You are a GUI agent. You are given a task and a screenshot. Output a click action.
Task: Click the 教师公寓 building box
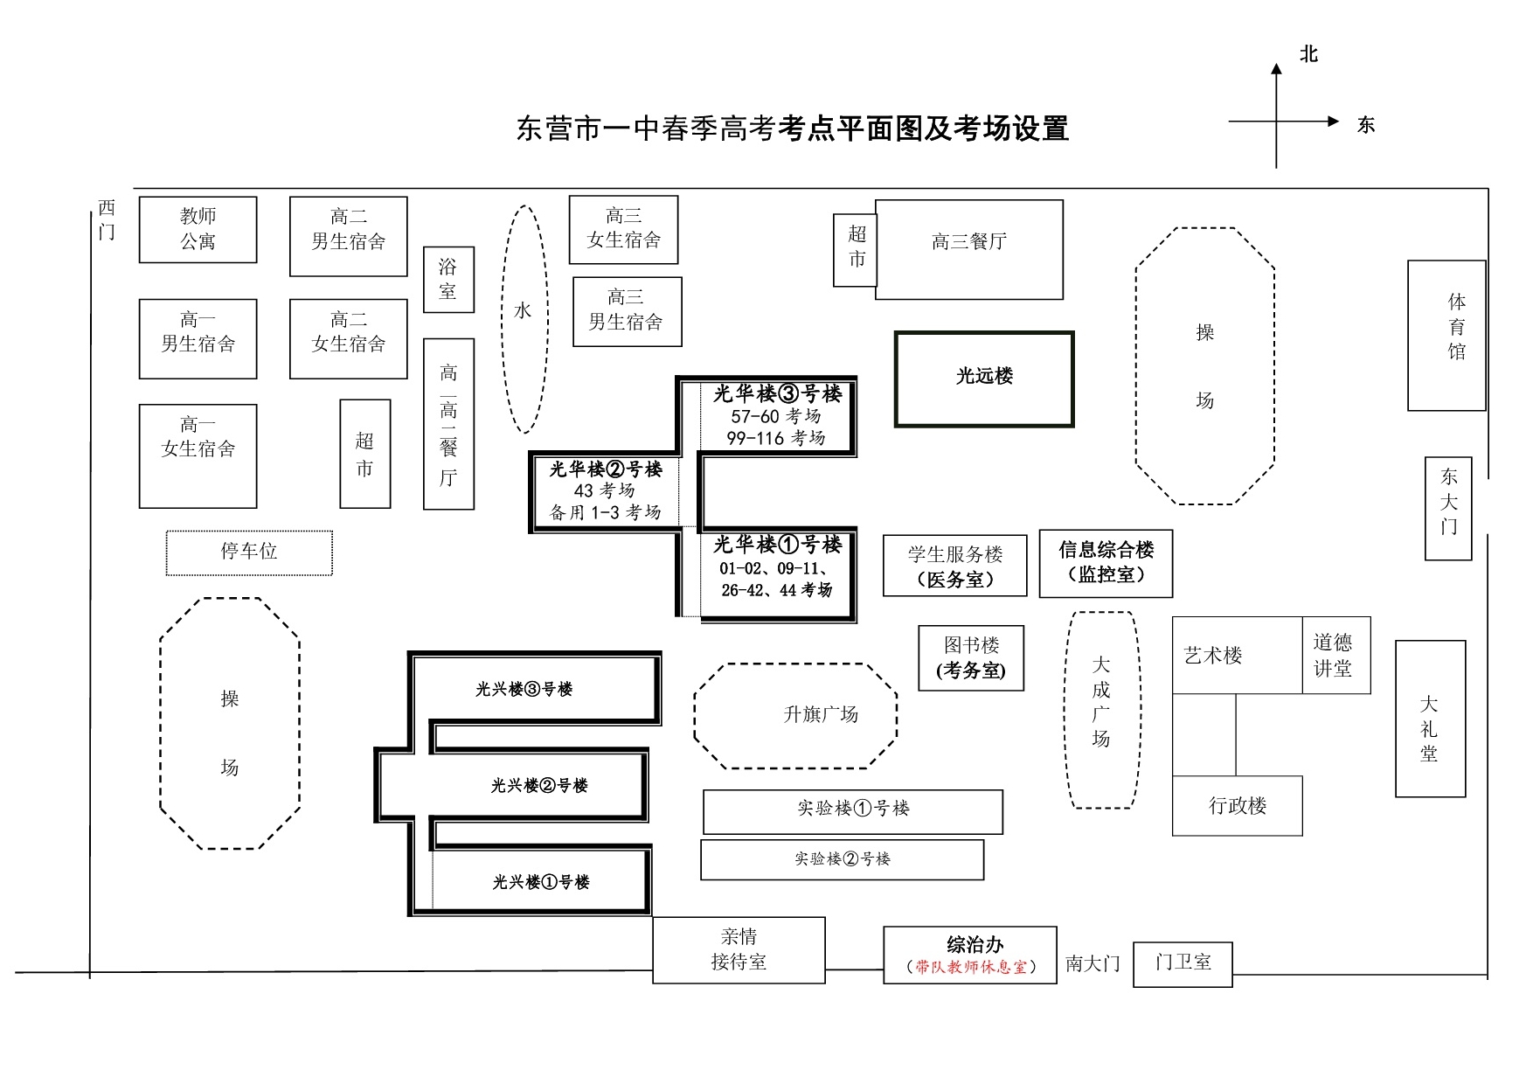(198, 229)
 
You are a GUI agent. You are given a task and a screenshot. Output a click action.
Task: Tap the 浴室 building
(448, 280)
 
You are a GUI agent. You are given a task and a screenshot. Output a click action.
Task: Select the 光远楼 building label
(984, 377)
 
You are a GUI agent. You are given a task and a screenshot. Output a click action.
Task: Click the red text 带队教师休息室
(971, 967)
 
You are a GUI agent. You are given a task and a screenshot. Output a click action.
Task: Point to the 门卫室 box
(1183, 963)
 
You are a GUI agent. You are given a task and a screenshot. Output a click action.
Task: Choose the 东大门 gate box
(1448, 508)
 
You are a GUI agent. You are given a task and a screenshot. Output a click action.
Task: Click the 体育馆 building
(1446, 335)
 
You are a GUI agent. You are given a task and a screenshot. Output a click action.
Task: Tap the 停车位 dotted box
(249, 552)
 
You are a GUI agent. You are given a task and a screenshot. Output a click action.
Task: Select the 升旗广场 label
(821, 715)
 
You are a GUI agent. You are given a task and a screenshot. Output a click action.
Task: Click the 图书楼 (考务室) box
(970, 658)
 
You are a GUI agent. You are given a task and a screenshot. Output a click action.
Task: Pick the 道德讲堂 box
(1335, 656)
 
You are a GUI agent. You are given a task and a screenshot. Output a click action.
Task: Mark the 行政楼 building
(1237, 806)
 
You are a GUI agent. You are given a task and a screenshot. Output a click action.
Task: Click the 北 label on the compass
(1308, 55)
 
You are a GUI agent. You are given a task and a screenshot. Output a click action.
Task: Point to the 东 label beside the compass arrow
(1366, 126)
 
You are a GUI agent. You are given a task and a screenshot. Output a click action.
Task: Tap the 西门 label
(107, 219)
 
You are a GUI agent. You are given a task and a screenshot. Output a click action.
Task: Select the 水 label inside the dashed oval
(523, 311)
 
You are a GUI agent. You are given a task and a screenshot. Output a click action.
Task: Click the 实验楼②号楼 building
(842, 860)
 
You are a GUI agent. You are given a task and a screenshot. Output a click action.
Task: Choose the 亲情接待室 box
(739, 949)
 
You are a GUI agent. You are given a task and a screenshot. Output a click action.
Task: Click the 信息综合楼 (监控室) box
(1106, 563)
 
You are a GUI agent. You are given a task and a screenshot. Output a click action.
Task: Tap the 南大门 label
(1093, 963)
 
